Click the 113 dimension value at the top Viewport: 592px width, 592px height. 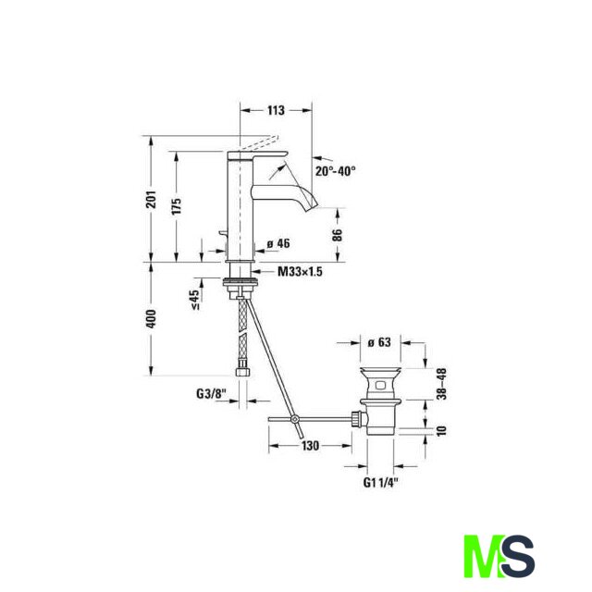tap(276, 110)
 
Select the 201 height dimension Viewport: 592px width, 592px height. tap(152, 199)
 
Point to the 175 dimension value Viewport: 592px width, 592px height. tap(177, 205)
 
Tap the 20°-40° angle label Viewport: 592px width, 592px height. tap(336, 171)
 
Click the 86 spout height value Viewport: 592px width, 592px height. tap(338, 235)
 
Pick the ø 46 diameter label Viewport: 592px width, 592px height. tap(278, 243)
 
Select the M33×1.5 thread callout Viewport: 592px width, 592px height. tap(300, 271)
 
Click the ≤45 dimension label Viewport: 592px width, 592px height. tap(195, 300)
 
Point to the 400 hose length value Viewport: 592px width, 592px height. tap(151, 318)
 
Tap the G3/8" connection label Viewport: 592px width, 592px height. tap(211, 394)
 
